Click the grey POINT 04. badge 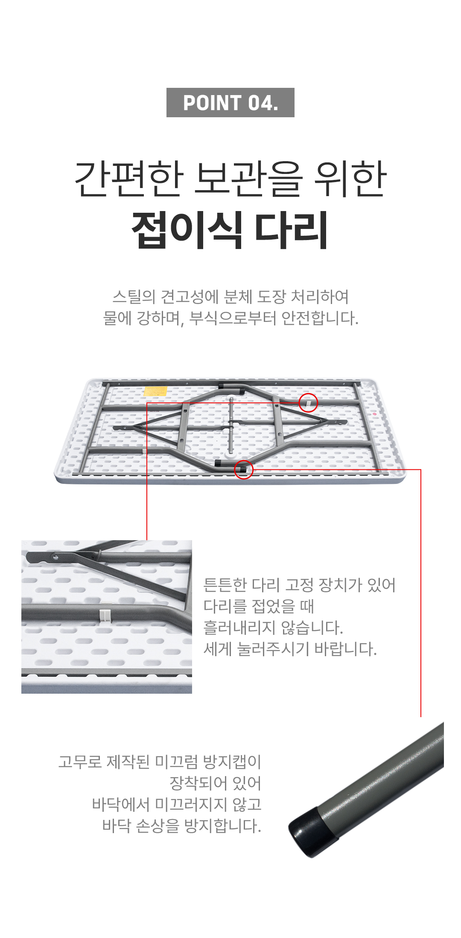(x=230, y=102)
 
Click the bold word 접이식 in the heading (x=187, y=230)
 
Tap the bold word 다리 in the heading (x=292, y=230)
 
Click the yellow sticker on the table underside (x=155, y=391)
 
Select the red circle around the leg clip (x=308, y=403)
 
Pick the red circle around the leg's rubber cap (x=244, y=469)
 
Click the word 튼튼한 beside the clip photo (x=225, y=585)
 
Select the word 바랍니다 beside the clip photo (x=345, y=649)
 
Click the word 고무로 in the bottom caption (x=80, y=761)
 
